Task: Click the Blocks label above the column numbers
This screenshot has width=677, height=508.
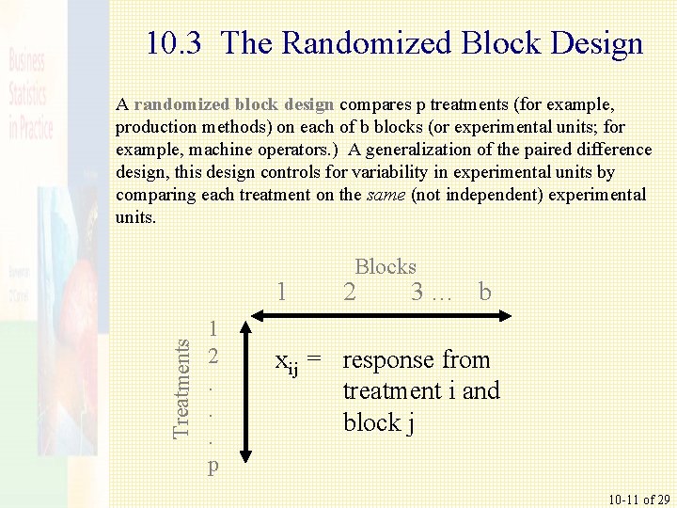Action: pos(386,266)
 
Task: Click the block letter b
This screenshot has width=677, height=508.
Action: pos(484,292)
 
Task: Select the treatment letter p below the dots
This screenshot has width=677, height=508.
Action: pos(214,465)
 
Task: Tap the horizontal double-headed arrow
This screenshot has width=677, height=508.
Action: pos(375,321)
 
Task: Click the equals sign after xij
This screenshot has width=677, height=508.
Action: pos(316,359)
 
